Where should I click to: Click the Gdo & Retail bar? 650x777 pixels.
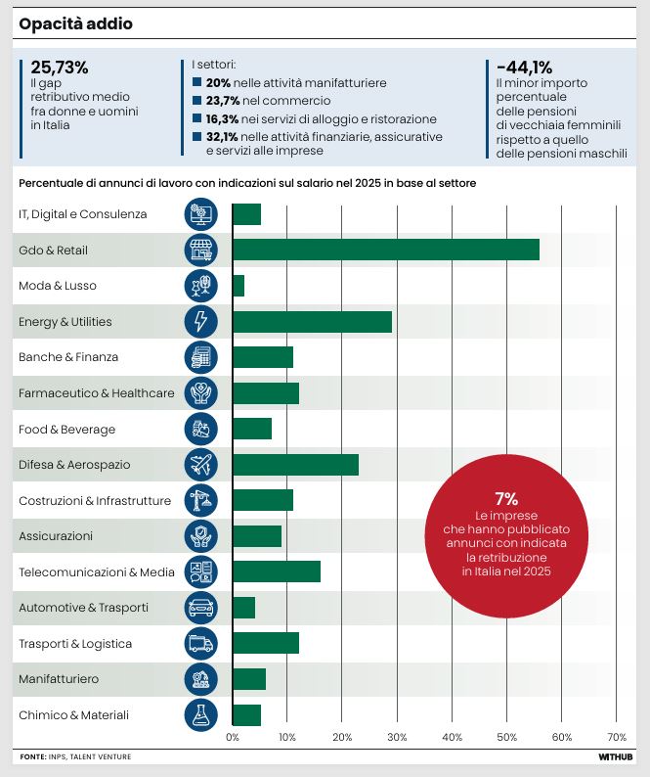[386, 250]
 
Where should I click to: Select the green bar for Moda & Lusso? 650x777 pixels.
[238, 286]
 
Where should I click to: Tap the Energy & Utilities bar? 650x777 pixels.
[313, 322]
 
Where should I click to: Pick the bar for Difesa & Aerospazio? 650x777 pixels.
[295, 465]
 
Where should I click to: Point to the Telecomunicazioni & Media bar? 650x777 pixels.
[277, 571]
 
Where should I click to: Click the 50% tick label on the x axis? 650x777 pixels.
[507, 737]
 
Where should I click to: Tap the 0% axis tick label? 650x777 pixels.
[233, 737]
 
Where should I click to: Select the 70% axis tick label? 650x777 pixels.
[617, 737]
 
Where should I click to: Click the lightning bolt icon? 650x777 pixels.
[200, 321]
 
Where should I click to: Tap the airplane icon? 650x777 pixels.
[200, 464]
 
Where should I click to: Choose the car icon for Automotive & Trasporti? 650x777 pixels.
[200, 608]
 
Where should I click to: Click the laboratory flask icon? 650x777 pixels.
[200, 715]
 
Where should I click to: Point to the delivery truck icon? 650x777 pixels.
[200, 643]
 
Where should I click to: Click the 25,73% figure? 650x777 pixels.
[60, 67]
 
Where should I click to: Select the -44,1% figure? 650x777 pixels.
[524, 67]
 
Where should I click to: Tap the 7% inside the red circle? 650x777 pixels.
[506, 498]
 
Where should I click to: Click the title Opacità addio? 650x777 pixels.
[75, 23]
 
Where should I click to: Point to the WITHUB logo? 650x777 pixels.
[616, 756]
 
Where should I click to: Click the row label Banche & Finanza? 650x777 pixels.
[68, 357]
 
